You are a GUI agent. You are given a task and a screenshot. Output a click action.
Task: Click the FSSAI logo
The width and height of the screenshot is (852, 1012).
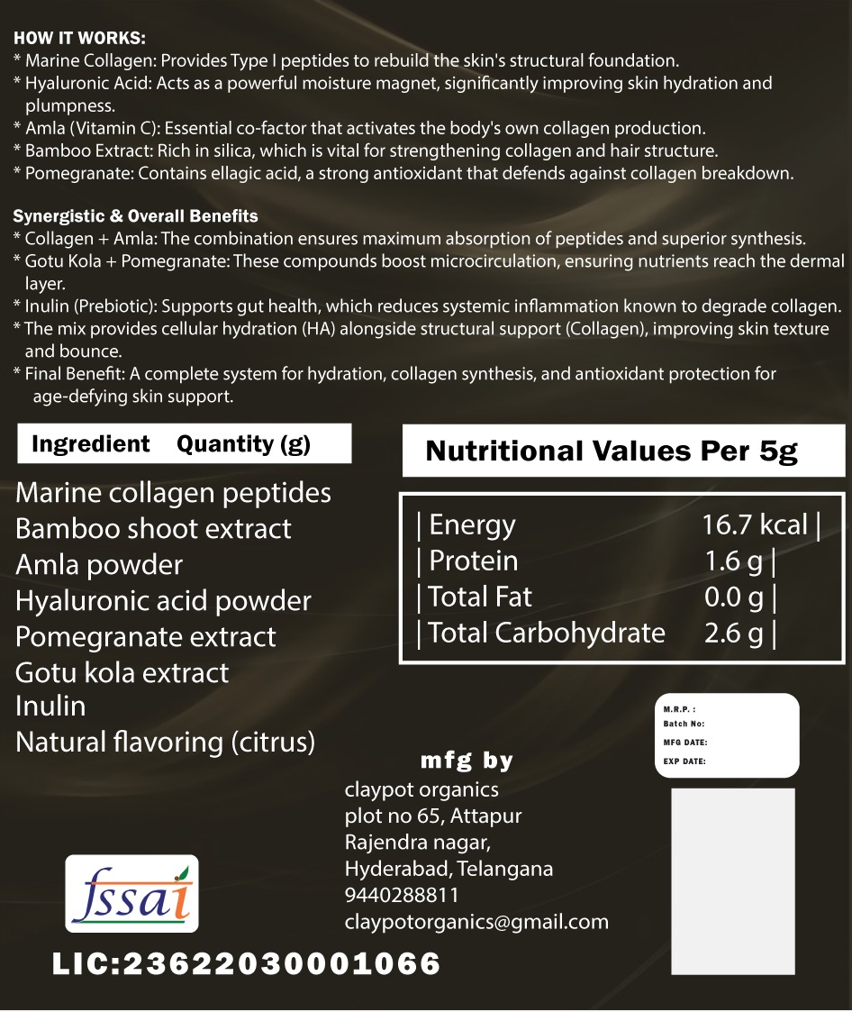(x=132, y=893)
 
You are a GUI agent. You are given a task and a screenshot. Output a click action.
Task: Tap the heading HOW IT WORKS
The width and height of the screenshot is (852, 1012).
(x=79, y=39)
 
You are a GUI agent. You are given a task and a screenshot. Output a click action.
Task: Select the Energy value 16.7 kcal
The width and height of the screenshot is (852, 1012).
(x=755, y=524)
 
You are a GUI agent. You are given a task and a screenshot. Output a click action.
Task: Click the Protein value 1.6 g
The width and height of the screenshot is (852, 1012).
(x=733, y=561)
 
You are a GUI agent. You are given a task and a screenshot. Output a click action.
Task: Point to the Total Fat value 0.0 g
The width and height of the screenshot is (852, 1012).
(x=733, y=597)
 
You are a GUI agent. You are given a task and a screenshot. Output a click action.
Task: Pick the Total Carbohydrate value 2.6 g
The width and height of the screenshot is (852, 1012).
(x=733, y=633)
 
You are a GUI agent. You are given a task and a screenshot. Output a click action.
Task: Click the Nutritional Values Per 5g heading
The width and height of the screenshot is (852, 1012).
(x=612, y=451)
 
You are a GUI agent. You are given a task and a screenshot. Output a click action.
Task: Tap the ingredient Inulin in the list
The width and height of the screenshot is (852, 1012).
(x=50, y=706)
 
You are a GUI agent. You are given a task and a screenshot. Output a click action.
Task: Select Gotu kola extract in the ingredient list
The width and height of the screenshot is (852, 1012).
(x=122, y=672)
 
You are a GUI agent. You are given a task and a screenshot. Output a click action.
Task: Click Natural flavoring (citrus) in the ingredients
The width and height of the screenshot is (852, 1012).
(x=166, y=742)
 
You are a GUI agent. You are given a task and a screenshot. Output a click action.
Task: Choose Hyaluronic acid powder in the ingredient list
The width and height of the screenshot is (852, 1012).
(x=163, y=600)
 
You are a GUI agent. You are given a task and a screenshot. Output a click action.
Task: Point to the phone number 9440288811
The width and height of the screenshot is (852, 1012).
(x=402, y=895)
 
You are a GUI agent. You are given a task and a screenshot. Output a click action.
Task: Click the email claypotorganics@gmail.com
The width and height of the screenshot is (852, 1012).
(x=476, y=922)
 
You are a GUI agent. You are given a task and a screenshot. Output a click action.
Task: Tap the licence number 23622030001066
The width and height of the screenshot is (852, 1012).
(x=281, y=963)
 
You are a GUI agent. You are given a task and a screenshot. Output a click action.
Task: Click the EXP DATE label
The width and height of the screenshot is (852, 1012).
(x=684, y=761)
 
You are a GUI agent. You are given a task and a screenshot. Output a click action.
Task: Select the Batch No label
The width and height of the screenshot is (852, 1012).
(x=684, y=724)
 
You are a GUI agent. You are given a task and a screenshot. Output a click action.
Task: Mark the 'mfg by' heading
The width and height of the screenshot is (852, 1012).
(x=467, y=761)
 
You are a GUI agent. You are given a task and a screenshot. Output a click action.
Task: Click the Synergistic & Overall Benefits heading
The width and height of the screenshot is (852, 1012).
(x=135, y=216)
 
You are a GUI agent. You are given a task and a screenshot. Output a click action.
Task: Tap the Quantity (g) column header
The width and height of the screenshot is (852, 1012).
(x=243, y=443)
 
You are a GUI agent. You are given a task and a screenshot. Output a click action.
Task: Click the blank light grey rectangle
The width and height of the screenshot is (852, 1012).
(x=732, y=881)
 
